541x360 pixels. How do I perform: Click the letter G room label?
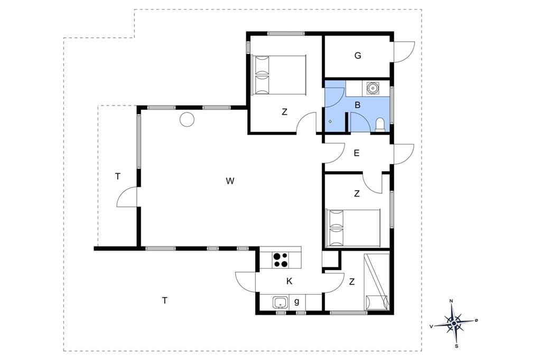pos(358,55)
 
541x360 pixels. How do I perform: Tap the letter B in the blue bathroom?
pos(358,105)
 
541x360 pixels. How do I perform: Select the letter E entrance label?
pos(357,153)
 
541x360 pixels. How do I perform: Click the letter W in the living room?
pos(230,181)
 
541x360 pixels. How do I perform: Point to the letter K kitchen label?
pos(290,281)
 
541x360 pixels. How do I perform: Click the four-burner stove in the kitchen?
pos(280,260)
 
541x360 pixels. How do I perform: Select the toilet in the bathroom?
pos(380,125)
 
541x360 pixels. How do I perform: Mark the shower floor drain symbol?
pos(330,121)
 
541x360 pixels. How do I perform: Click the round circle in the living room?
pos(186,120)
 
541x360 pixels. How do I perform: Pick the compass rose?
pos(454,323)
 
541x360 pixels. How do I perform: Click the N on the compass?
pos(451,301)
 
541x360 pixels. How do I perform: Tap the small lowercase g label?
pos(297,302)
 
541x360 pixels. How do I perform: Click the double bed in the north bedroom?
pos(279,75)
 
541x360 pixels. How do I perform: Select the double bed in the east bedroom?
pos(353,228)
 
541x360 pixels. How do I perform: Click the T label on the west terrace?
pos(118,176)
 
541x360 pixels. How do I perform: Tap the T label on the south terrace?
pos(165,301)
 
